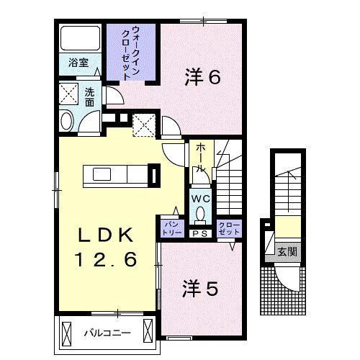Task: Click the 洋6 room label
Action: [x=202, y=77]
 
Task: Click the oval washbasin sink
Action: [x=67, y=120]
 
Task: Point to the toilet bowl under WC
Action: [x=200, y=214]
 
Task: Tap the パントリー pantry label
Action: [x=170, y=228]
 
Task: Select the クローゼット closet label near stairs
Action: [x=229, y=228]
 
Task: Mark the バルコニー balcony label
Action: [x=106, y=333]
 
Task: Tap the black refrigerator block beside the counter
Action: [x=153, y=175]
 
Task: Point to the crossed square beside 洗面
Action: [x=71, y=94]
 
